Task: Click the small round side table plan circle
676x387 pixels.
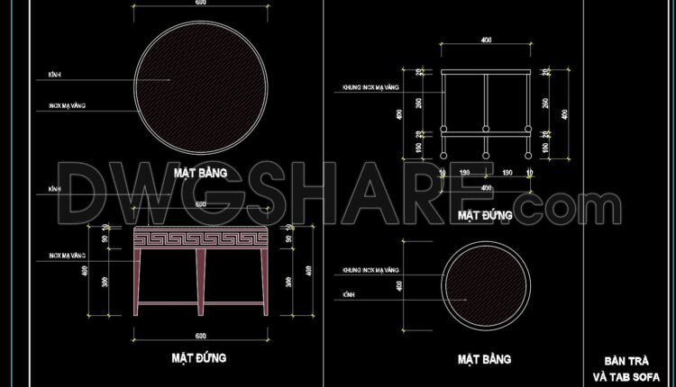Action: tap(486, 285)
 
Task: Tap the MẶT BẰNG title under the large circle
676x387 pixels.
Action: tap(200, 170)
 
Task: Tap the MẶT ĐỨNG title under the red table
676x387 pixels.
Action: tap(199, 357)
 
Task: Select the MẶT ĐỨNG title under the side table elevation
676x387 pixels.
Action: tap(485, 216)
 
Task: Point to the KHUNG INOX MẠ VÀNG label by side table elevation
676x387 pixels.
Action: tap(370, 88)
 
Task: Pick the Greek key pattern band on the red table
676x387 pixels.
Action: tap(200, 238)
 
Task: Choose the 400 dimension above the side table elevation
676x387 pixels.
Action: tap(487, 40)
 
